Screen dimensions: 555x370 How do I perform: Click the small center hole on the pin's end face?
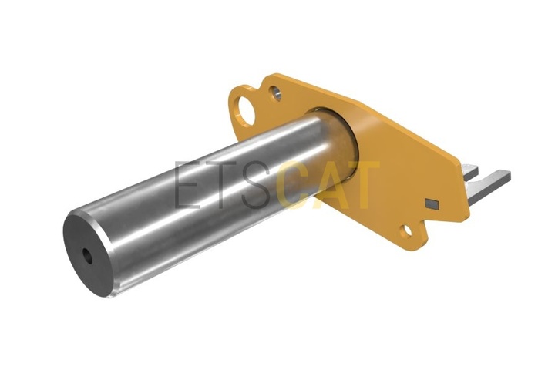click(87, 256)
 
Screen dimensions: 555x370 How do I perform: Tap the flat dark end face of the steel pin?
click(86, 253)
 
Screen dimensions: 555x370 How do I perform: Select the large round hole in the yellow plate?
click(247, 110)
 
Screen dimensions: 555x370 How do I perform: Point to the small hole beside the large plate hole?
click(276, 93)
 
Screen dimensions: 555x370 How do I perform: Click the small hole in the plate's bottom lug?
click(408, 230)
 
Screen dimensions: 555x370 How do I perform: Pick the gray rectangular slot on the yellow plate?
click(432, 203)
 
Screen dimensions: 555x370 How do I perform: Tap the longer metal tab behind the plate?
click(489, 187)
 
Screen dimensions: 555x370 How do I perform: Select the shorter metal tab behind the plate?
click(470, 171)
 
